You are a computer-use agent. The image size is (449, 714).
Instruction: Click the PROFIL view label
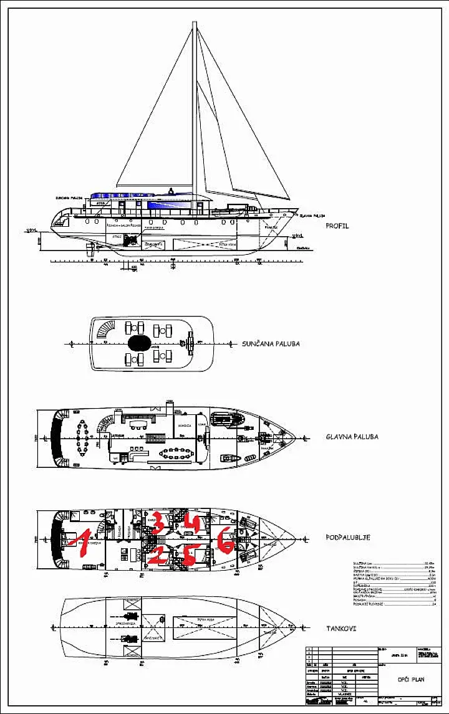[337, 226]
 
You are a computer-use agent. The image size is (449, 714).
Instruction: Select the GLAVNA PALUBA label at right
[352, 437]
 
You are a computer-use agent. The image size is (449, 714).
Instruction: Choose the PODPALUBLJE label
[349, 536]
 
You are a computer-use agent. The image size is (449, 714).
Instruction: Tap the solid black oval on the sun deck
[138, 343]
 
